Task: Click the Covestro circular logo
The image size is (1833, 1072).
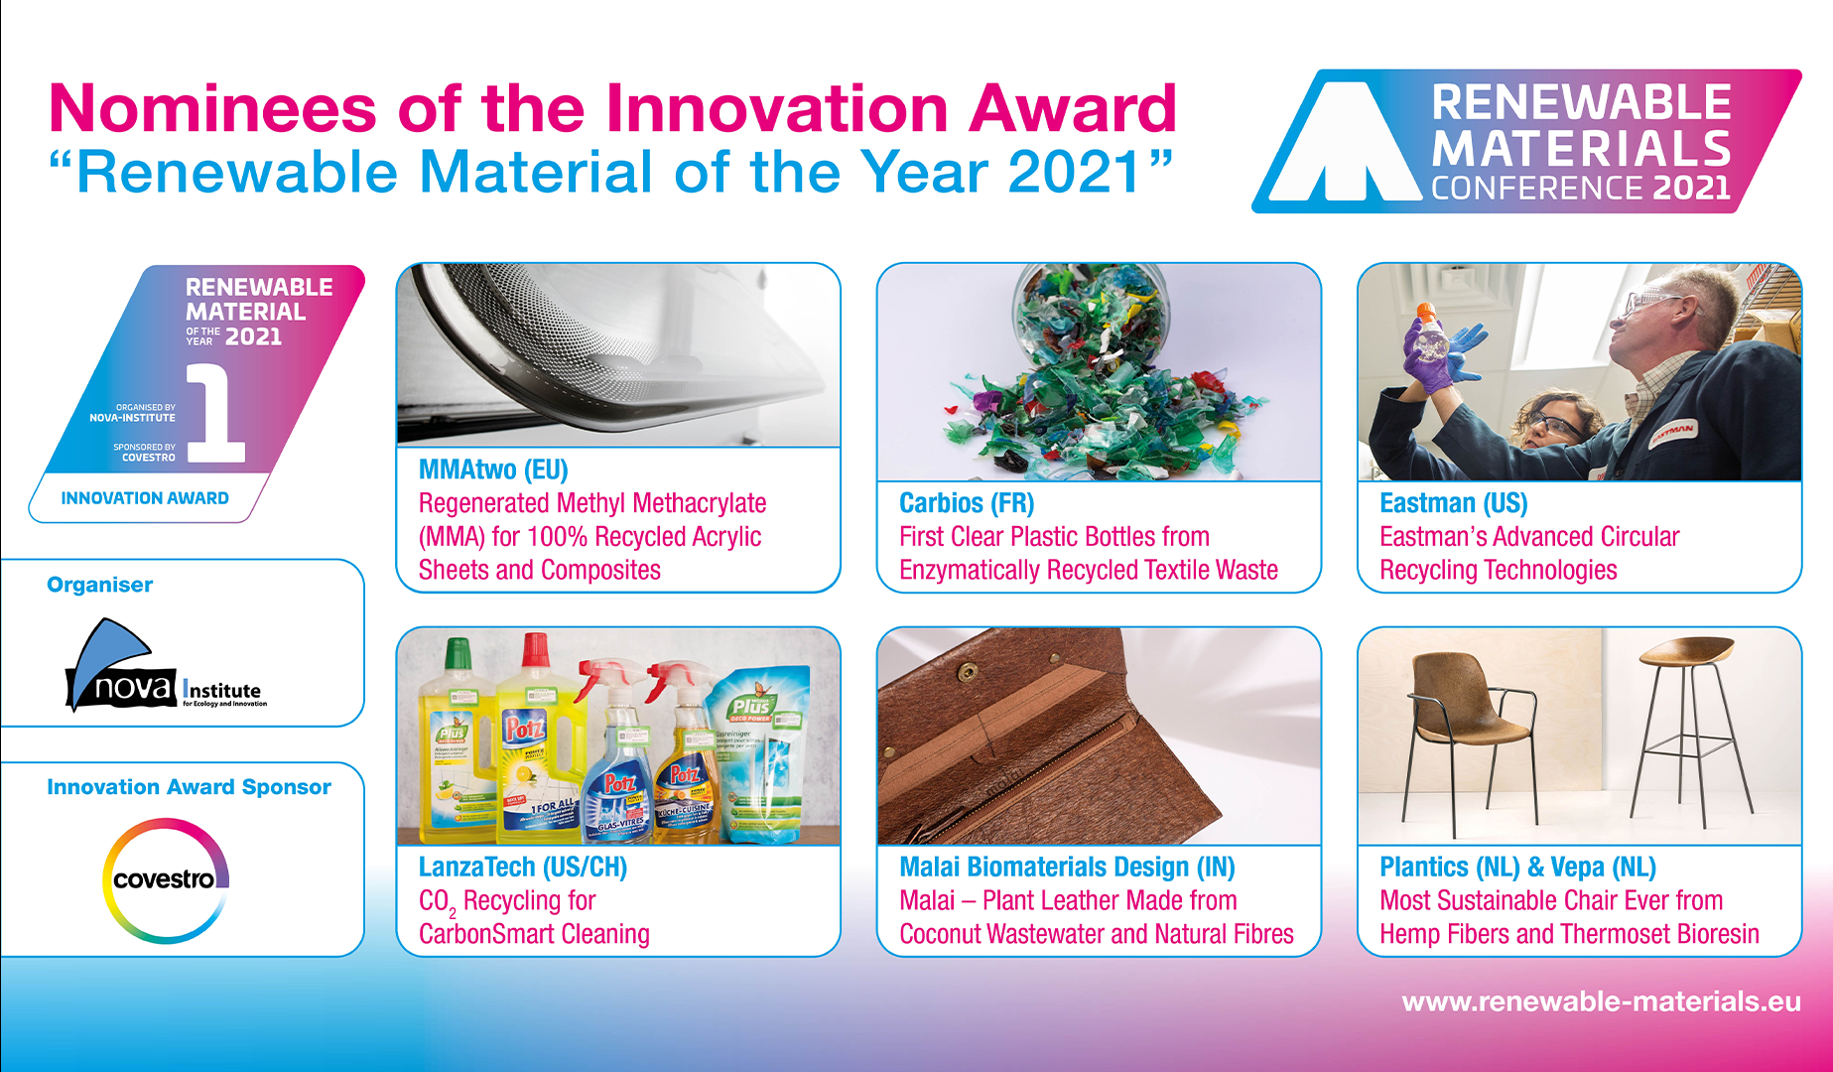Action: tap(166, 879)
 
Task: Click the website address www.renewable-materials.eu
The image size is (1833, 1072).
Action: tap(1601, 1002)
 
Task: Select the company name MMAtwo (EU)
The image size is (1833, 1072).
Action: tap(493, 469)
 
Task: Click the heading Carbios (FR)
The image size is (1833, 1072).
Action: tap(966, 503)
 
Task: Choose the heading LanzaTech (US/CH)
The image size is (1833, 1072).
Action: tap(522, 867)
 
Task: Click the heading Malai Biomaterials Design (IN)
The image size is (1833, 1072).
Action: tap(1066, 867)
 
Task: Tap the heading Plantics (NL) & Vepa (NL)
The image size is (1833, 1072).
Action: tap(1517, 867)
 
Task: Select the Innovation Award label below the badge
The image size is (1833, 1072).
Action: tap(145, 498)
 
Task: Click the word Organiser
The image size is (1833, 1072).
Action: tap(99, 585)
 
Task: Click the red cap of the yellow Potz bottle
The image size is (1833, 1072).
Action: tap(536, 649)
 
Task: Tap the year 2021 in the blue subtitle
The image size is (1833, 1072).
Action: tap(1074, 173)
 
